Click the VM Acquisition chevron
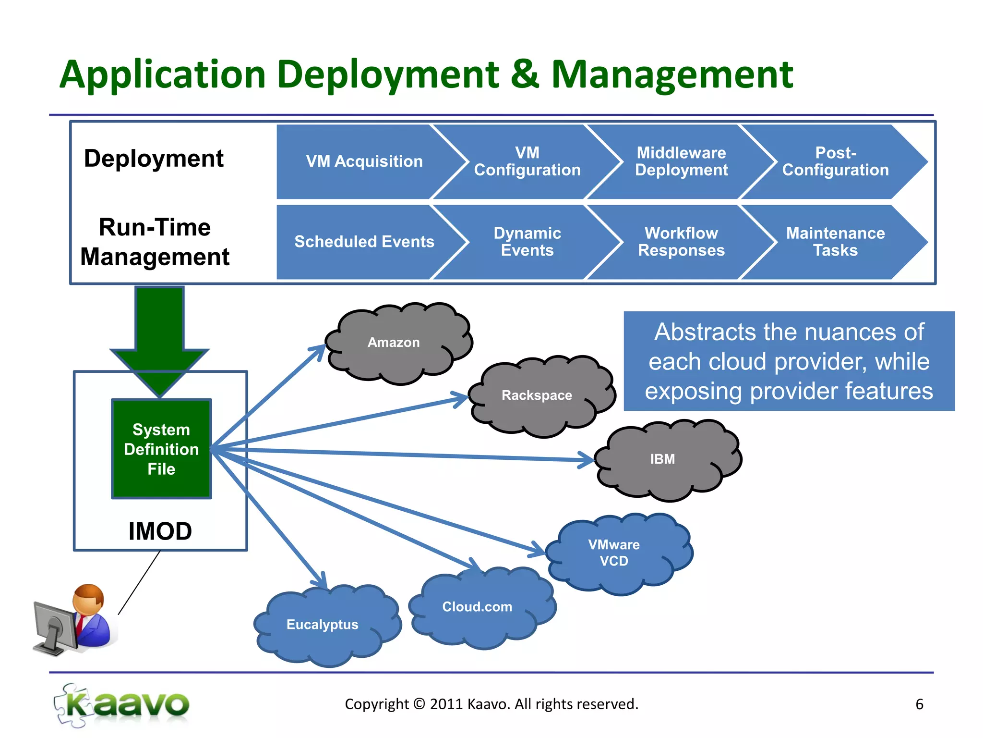pyautogui.click(x=364, y=161)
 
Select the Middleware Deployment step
pyautogui.click(x=681, y=161)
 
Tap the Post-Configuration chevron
pyautogui.click(x=835, y=161)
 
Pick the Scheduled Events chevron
pyautogui.click(x=364, y=242)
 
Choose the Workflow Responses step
pyautogui.click(x=681, y=242)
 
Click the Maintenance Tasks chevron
pyautogui.click(x=835, y=242)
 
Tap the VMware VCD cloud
pyautogui.click(x=614, y=553)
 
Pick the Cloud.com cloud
pyautogui.click(x=478, y=607)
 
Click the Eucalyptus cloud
pyautogui.click(x=323, y=625)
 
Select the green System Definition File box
pyautogui.click(x=161, y=449)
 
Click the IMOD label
pyautogui.click(x=160, y=531)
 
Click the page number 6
pyautogui.click(x=919, y=704)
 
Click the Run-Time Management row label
pyautogui.click(x=155, y=242)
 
